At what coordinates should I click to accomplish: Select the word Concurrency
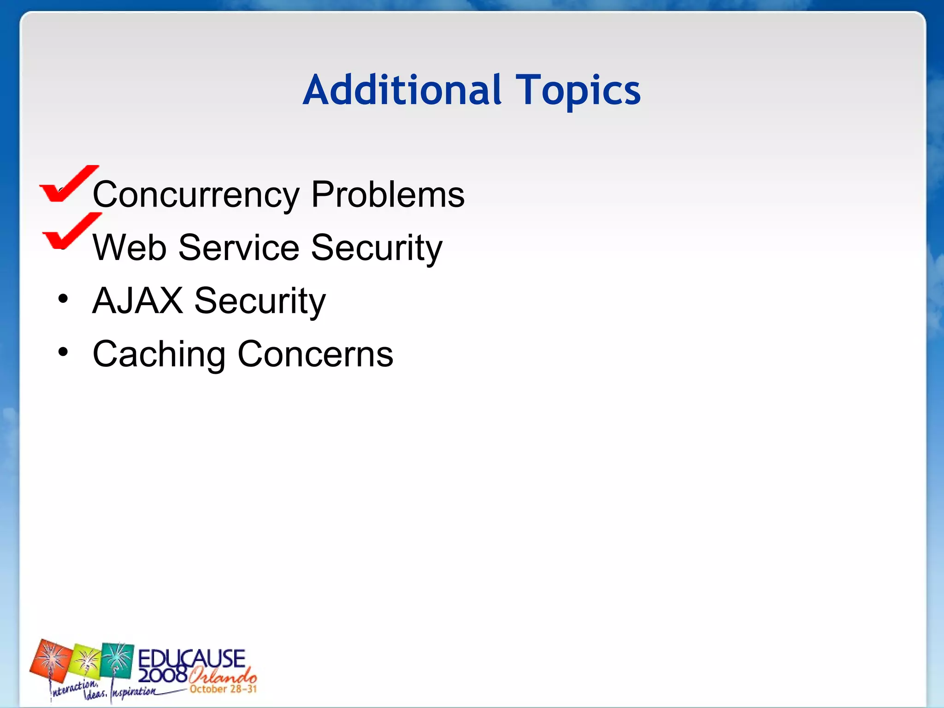click(x=196, y=195)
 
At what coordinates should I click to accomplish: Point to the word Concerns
click(x=315, y=354)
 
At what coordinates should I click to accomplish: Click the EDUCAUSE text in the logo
click(x=191, y=658)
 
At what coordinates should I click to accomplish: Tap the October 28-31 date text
click(x=223, y=689)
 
